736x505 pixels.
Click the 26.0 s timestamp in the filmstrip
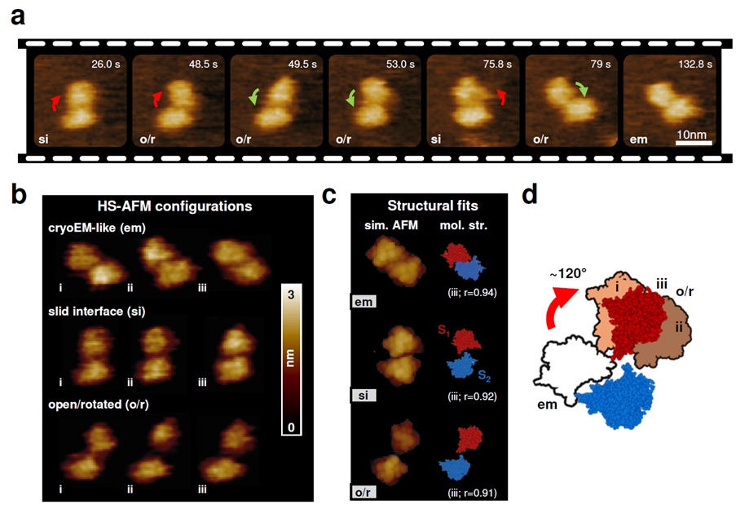click(x=108, y=62)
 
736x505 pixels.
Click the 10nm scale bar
click(x=694, y=143)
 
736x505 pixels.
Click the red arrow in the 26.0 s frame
click(x=54, y=102)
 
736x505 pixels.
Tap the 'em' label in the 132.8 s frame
click(x=637, y=140)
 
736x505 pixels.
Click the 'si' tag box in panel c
click(x=364, y=396)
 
